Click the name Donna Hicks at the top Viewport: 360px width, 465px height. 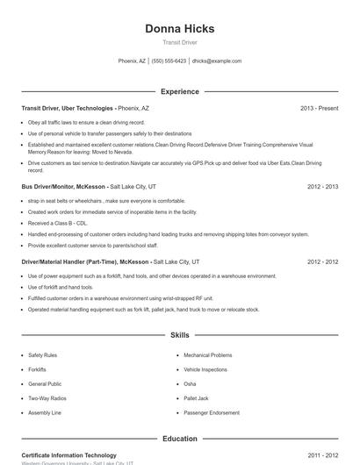pyautogui.click(x=179, y=28)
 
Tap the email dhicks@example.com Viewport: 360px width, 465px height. pyautogui.click(x=216, y=61)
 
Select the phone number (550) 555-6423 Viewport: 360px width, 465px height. pyautogui.click(x=169, y=61)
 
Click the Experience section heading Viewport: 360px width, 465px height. pyautogui.click(x=179, y=91)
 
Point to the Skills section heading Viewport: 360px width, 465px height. pyautogui.click(x=179, y=335)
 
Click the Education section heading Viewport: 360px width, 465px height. pyautogui.click(x=179, y=439)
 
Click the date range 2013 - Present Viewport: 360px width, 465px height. pyautogui.click(x=319, y=108)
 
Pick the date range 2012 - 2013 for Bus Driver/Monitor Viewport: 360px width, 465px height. pyautogui.click(x=322, y=187)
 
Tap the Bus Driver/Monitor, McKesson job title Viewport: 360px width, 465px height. pyautogui.click(x=63, y=187)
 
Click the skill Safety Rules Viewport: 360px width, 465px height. pyautogui.click(x=42, y=355)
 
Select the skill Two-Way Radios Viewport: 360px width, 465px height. pyautogui.click(x=47, y=398)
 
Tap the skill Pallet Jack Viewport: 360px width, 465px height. pyautogui.click(x=196, y=398)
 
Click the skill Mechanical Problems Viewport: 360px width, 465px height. pyautogui.click(x=208, y=355)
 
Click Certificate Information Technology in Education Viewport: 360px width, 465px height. pyautogui.click(x=68, y=455)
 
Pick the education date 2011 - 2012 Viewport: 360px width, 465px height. pyautogui.click(x=322, y=455)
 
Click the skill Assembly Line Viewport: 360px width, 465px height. pyautogui.click(x=45, y=412)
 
